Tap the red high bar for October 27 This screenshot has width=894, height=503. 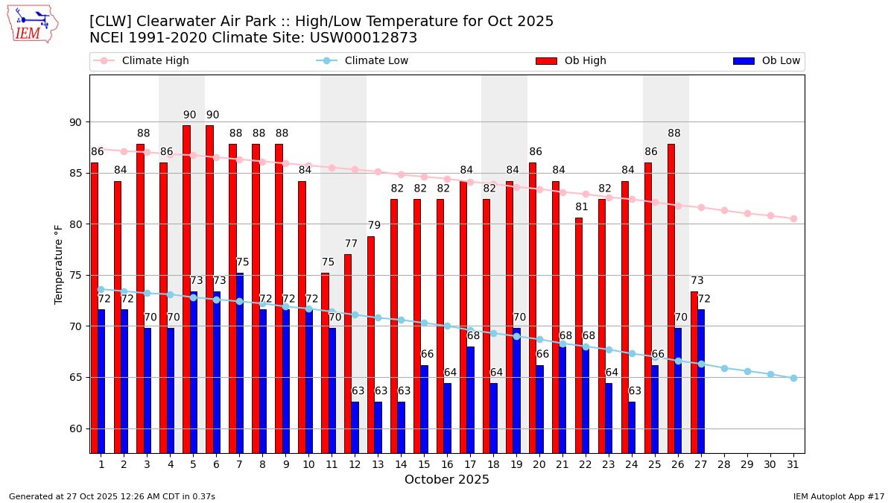(694, 372)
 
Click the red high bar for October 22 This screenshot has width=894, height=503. (579, 335)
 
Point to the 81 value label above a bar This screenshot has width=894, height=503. (582, 207)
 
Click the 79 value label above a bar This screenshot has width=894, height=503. (374, 225)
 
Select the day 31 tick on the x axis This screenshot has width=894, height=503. (793, 464)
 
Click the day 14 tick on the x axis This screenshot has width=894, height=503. (401, 464)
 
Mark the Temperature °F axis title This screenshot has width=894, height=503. (59, 264)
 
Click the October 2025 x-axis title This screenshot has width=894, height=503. (447, 480)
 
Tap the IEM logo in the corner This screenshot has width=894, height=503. (32, 24)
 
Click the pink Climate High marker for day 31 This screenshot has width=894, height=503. (793, 218)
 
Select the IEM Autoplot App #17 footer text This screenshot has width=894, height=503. (838, 496)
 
